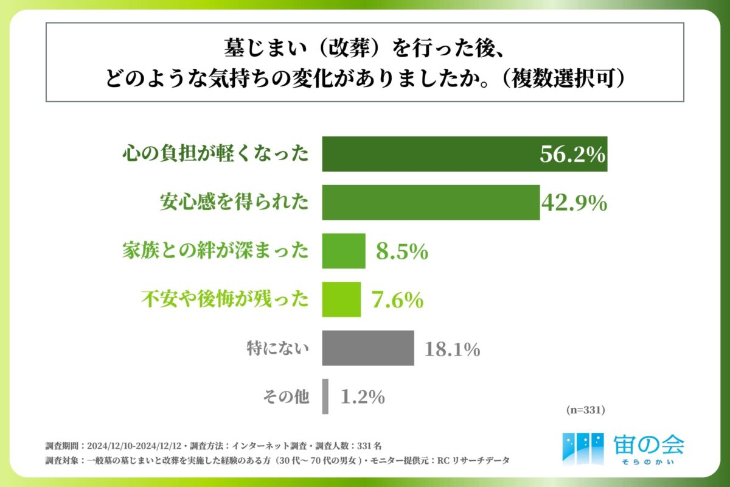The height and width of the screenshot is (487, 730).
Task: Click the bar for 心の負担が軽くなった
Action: (x=426, y=154)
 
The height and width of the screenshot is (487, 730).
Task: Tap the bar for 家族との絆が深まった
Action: (x=344, y=251)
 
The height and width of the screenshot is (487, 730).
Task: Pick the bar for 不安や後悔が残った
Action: (x=341, y=299)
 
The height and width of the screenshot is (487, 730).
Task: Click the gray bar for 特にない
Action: (x=368, y=348)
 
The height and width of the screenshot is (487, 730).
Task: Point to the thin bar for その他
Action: (x=325, y=396)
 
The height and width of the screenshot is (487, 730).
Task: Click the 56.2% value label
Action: (x=572, y=155)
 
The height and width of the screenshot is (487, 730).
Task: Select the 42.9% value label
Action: (x=574, y=203)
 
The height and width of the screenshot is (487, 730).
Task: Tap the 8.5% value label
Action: (x=402, y=251)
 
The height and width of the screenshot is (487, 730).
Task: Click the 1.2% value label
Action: (x=363, y=397)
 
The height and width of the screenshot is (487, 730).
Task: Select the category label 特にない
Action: (x=278, y=348)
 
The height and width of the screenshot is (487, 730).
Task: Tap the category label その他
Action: (x=286, y=397)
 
